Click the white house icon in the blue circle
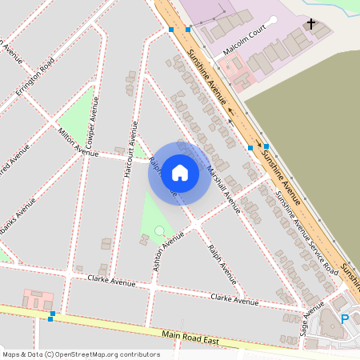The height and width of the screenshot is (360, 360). click(x=179, y=173)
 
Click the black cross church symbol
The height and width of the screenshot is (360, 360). click(x=311, y=25)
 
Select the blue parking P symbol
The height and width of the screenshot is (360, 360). click(x=345, y=318)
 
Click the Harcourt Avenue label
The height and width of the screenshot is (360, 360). click(x=130, y=148)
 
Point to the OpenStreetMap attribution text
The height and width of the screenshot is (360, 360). click(x=81, y=354)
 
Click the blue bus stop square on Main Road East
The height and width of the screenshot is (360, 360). click(x=50, y=319)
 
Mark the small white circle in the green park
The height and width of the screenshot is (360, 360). click(x=159, y=230)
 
